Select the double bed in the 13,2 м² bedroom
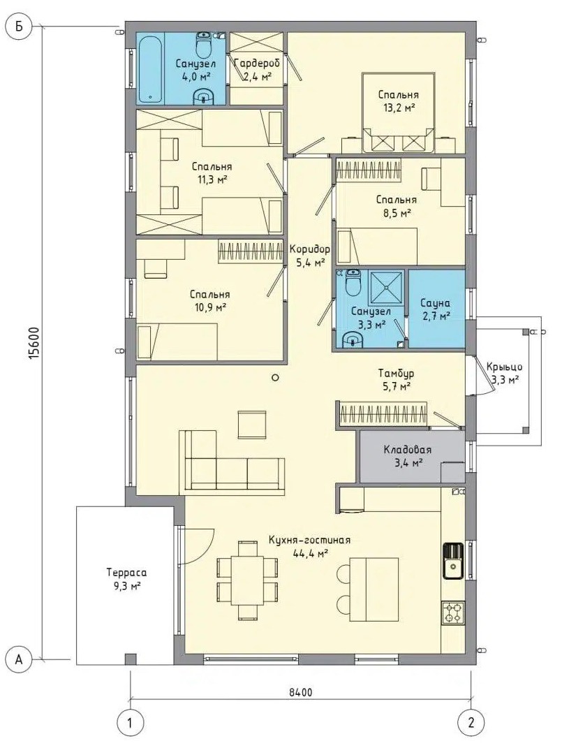[x=399, y=113]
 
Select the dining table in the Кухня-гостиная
[x=247, y=580]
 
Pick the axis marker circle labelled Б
[x=19, y=27]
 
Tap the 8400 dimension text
[x=300, y=692]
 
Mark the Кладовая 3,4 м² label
[x=408, y=455]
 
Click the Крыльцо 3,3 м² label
[x=504, y=373]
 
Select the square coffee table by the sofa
[x=252, y=424]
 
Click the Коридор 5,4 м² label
[x=310, y=255]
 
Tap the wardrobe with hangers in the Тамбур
[x=383, y=413]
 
